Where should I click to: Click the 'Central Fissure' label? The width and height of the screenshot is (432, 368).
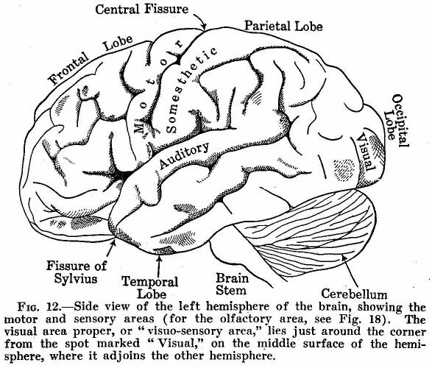pos(142,9)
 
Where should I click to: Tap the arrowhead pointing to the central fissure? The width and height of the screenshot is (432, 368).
pos(204,26)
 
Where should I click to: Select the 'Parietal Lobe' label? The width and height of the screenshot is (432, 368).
pos(283,26)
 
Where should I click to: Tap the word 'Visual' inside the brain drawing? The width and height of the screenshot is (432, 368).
pos(366,152)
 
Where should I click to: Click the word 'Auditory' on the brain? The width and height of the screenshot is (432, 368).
pos(184,155)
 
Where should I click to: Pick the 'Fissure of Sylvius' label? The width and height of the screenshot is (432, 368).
pos(77,272)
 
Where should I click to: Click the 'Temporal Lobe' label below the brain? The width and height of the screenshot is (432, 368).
pos(150,288)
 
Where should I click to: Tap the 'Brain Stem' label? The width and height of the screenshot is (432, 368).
pos(232,284)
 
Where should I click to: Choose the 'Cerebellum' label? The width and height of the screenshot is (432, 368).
pos(354,294)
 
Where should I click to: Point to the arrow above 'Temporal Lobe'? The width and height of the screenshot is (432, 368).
pos(158,264)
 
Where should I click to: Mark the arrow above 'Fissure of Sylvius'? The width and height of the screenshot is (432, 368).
pos(110,248)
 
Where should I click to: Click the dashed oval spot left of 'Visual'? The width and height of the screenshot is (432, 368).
pos(344,170)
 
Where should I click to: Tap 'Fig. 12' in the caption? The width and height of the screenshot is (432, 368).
pos(38,307)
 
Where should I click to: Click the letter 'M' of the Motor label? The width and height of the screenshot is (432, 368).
pos(140,127)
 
